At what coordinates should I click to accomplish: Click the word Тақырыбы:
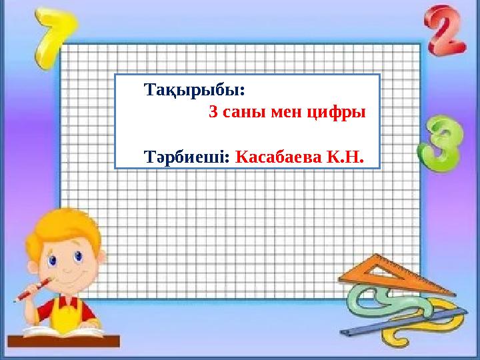pyautogui.click(x=195, y=89)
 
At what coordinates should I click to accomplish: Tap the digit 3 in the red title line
pyautogui.click(x=214, y=112)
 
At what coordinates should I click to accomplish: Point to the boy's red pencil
pyautogui.click(x=31, y=291)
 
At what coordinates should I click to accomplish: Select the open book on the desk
pyautogui.click(x=63, y=330)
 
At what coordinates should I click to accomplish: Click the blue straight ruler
pyautogui.click(x=427, y=319)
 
